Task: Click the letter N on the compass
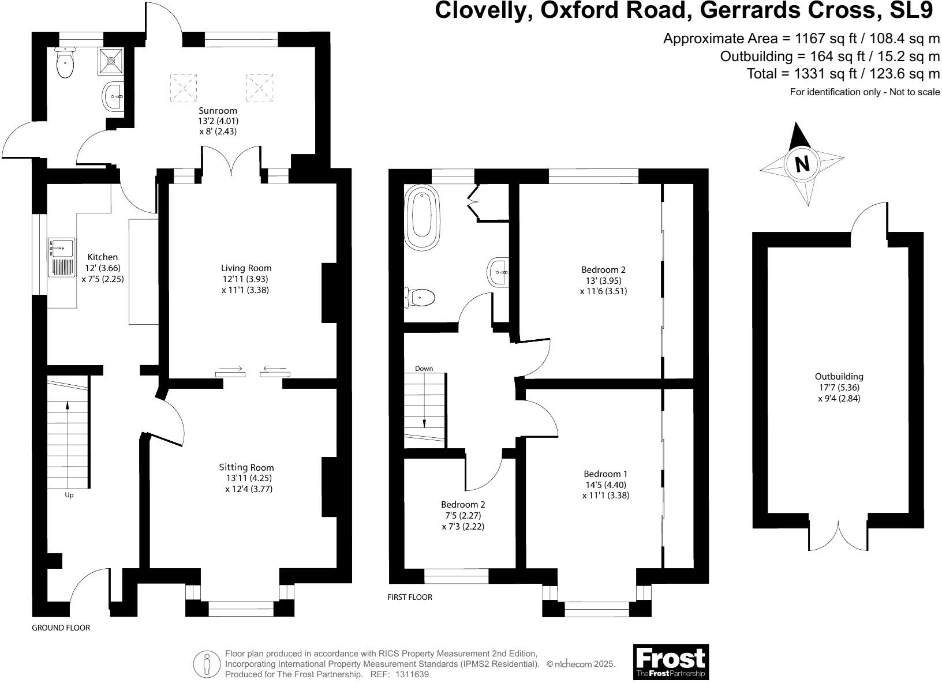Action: (x=802, y=164)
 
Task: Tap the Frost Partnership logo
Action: (x=671, y=662)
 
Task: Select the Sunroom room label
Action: (x=218, y=111)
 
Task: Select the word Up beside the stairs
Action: (x=69, y=495)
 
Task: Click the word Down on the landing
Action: (x=424, y=369)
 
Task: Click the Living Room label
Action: (x=246, y=268)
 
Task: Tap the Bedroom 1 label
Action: (x=605, y=474)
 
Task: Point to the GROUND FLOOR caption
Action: (x=61, y=628)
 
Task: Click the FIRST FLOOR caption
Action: (x=410, y=598)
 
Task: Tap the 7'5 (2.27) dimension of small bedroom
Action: (x=463, y=516)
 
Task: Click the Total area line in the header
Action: (x=843, y=74)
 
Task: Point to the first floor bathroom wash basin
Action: (x=499, y=272)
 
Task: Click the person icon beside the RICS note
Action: (x=207, y=664)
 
